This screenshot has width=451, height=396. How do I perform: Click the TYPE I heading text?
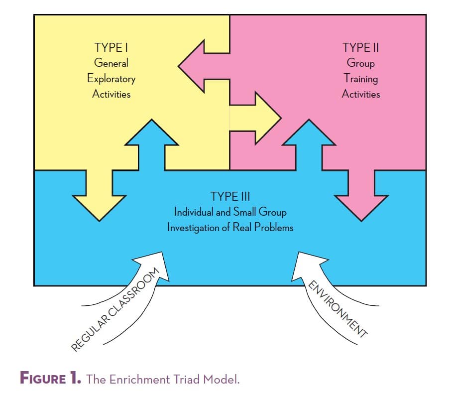click(x=111, y=48)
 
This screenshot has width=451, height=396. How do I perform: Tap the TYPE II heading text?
click(x=360, y=48)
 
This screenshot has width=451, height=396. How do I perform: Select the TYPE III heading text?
click(x=230, y=196)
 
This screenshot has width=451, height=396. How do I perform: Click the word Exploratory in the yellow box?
click(x=111, y=79)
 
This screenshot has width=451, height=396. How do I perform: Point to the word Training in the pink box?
click(x=361, y=79)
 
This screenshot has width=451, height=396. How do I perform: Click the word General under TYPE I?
click(x=111, y=63)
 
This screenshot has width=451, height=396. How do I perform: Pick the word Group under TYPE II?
click(x=361, y=63)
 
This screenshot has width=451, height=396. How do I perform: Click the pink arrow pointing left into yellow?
click(x=199, y=66)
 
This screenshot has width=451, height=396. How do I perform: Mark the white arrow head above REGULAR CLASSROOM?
click(x=154, y=264)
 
